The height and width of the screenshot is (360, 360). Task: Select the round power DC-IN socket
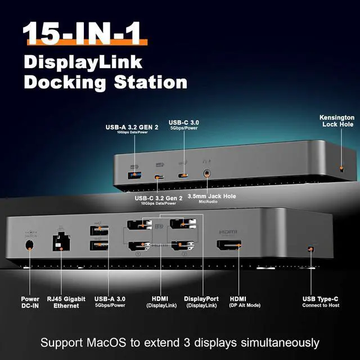click(29, 246)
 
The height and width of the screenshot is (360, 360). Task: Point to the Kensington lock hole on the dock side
click(341, 169)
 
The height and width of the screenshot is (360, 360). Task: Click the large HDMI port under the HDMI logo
click(228, 246)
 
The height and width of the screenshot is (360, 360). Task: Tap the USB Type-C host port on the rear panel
click(310, 249)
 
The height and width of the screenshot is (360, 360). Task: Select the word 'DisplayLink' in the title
click(83, 61)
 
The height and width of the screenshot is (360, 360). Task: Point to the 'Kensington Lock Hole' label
click(336, 120)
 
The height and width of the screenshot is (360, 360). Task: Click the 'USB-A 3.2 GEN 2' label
click(132, 127)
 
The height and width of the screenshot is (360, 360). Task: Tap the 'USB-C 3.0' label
click(185, 122)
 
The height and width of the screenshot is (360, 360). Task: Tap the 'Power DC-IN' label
click(30, 302)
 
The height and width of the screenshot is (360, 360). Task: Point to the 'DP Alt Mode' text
click(242, 305)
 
